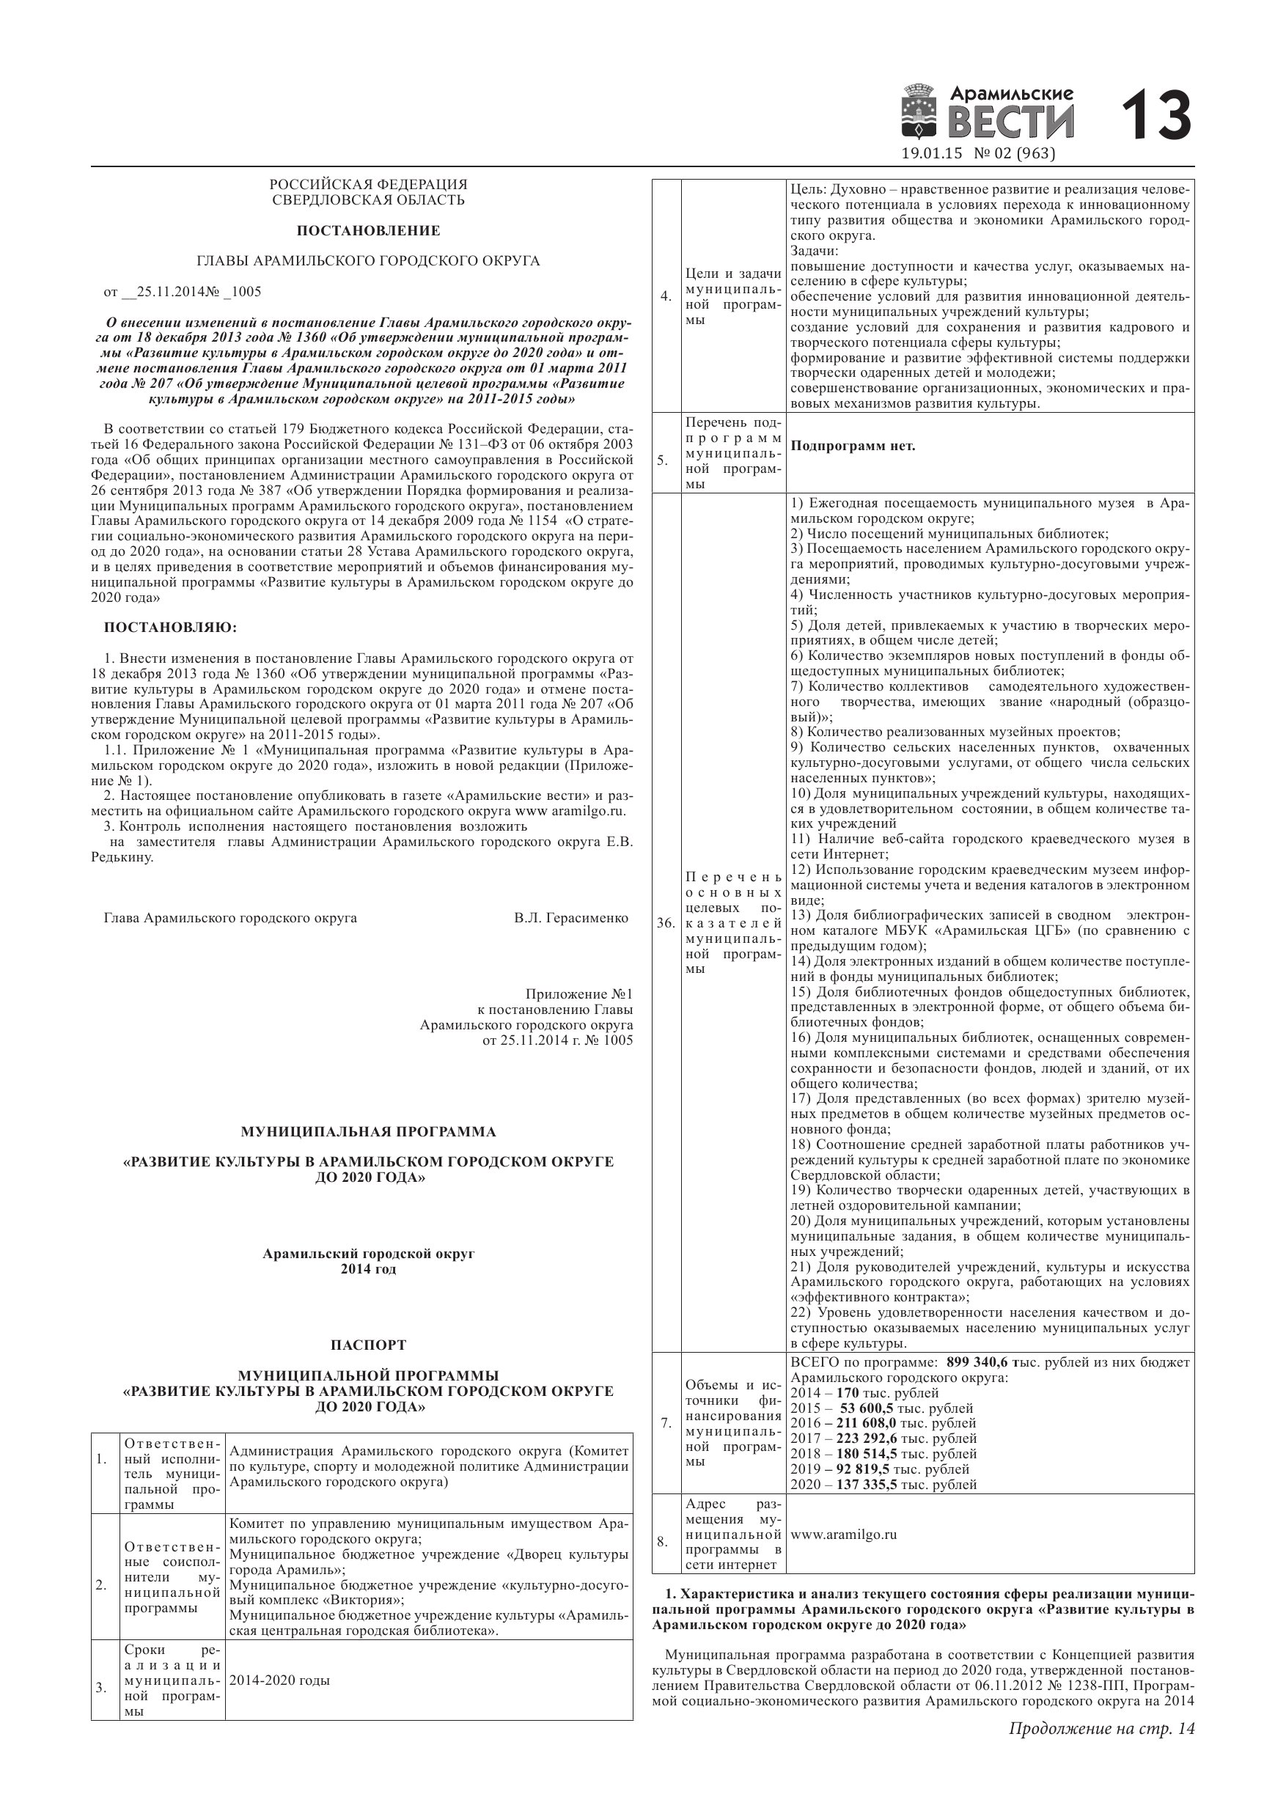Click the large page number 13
[x=1156, y=116]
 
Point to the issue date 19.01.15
[x=931, y=154]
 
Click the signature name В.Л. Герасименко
[x=570, y=917]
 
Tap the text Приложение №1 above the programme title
[x=578, y=993]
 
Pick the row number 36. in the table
[x=666, y=923]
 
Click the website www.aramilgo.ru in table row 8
[x=843, y=1534]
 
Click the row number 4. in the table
[x=666, y=296]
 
